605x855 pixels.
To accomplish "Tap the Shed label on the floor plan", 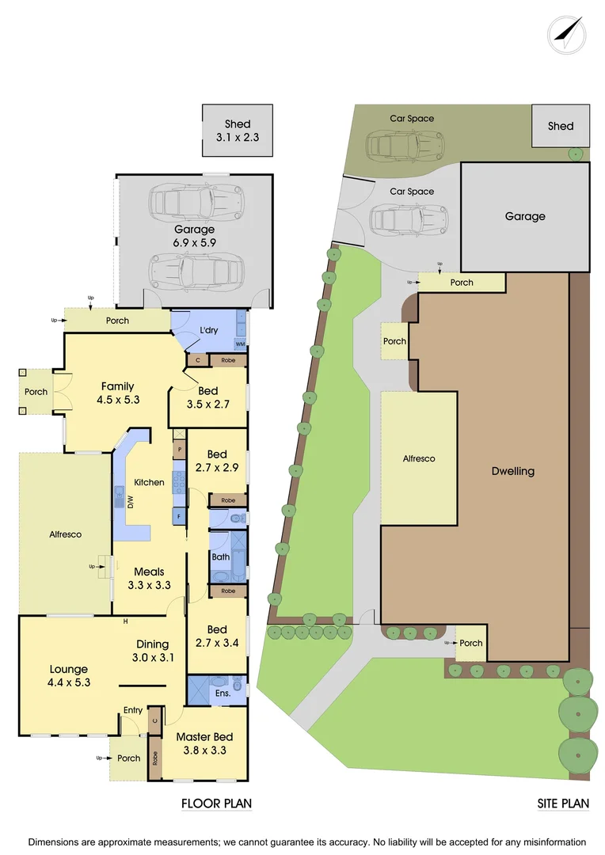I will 238,124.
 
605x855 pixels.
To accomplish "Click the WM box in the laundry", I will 240,344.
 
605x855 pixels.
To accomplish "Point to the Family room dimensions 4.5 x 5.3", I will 117,400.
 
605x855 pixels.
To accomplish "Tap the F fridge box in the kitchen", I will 179,516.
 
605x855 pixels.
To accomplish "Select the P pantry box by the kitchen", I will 180,450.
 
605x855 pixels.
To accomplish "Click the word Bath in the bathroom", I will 220,557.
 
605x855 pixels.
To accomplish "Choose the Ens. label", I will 223,694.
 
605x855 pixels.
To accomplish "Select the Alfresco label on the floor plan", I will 65,534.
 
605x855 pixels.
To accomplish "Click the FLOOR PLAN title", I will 216,804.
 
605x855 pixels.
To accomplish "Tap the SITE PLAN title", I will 564,804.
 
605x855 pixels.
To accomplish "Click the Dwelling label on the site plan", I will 512,471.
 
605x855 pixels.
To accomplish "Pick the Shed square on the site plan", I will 561,126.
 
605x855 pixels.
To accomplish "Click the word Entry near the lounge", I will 133,710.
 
